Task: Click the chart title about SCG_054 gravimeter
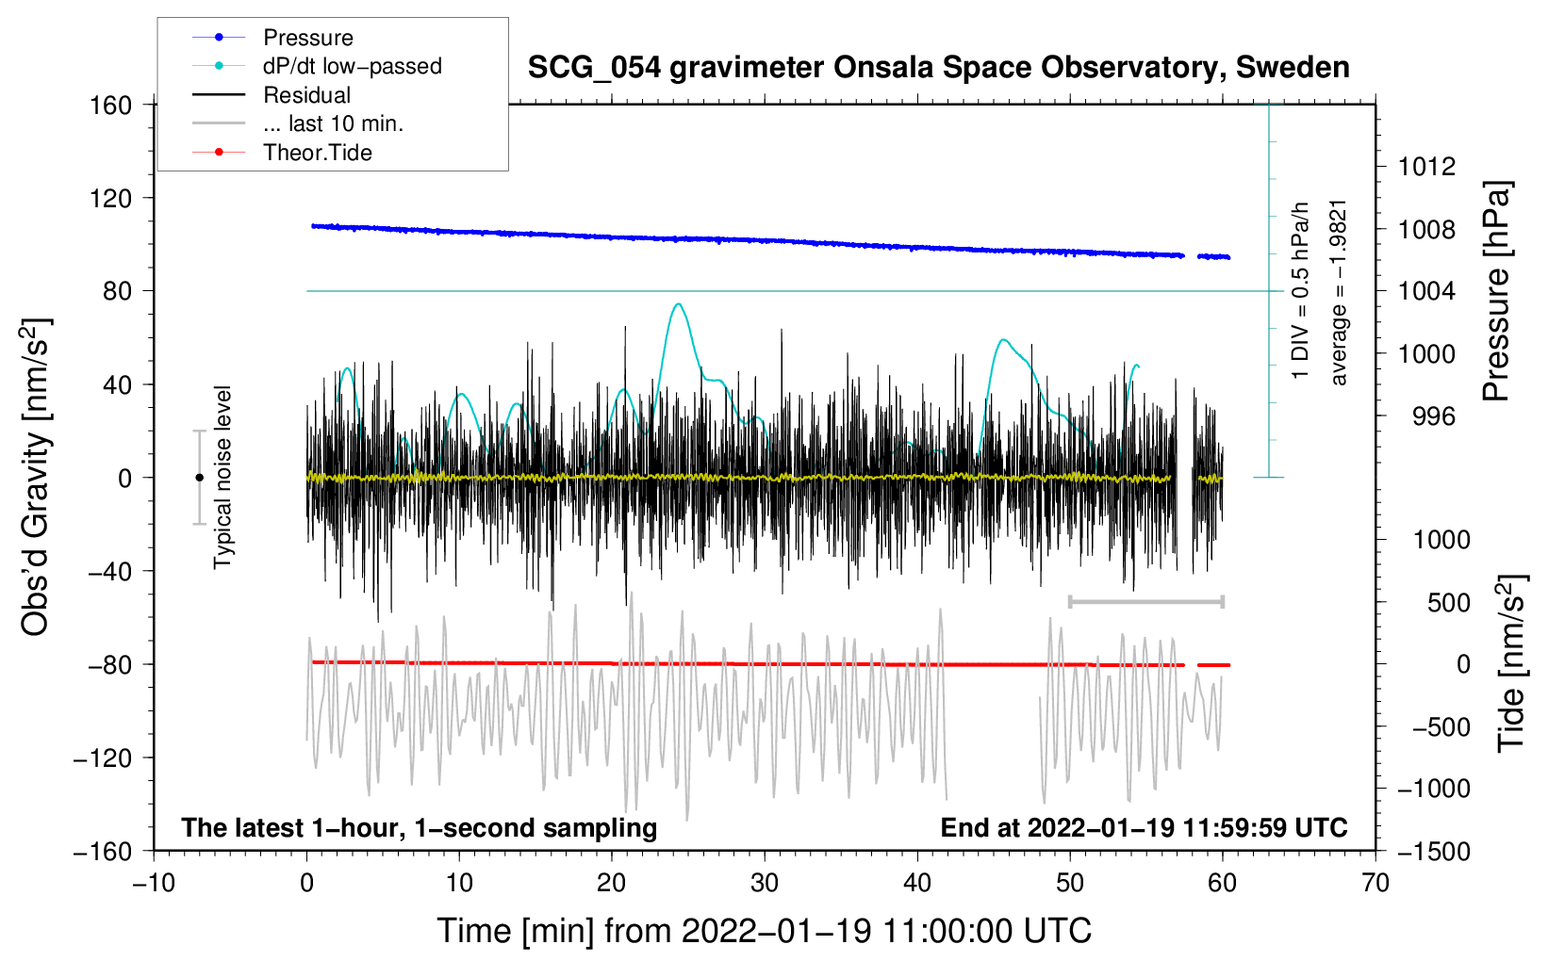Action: pos(938,68)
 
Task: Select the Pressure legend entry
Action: pos(307,38)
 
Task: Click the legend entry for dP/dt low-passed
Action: pos(352,66)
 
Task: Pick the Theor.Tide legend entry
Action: pos(317,153)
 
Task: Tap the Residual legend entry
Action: pos(306,95)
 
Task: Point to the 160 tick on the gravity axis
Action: pos(111,105)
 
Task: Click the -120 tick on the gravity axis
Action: pos(103,757)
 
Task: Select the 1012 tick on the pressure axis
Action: pos(1426,167)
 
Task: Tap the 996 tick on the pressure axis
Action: pos(1433,415)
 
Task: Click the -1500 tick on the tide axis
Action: pos(1434,851)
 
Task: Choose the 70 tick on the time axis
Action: pos(1376,883)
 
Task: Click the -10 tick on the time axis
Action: pos(154,883)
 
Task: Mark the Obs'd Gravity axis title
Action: pos(36,478)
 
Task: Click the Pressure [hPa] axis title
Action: pos(1496,291)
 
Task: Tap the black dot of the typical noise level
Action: pos(199,478)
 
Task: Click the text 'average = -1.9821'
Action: pos(1339,292)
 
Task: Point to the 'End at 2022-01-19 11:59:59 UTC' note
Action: pos(1144,827)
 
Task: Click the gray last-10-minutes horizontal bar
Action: pos(1145,601)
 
